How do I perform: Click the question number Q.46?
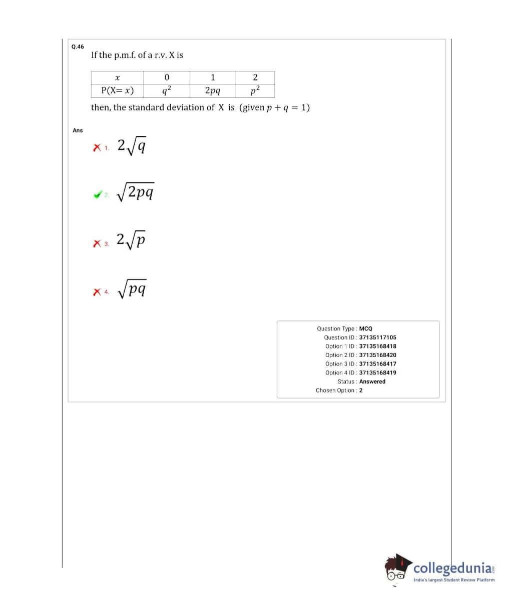point(78,46)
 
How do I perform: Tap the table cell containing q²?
point(167,90)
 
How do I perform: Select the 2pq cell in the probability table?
point(213,90)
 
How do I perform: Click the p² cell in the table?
point(255,90)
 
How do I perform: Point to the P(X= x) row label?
point(117,90)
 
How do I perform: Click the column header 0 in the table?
point(167,77)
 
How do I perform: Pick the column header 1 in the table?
point(213,77)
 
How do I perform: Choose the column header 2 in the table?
point(255,77)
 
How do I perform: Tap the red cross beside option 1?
point(97,148)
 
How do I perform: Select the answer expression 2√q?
point(132,146)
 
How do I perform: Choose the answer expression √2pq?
point(135,192)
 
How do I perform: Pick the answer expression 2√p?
point(131,240)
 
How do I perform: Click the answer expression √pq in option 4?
point(132,288)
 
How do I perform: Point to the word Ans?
point(78,130)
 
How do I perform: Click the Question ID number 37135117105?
point(377,337)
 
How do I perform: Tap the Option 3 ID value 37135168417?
point(377,364)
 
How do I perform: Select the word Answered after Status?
point(372,381)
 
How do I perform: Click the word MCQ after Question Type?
point(366,328)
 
